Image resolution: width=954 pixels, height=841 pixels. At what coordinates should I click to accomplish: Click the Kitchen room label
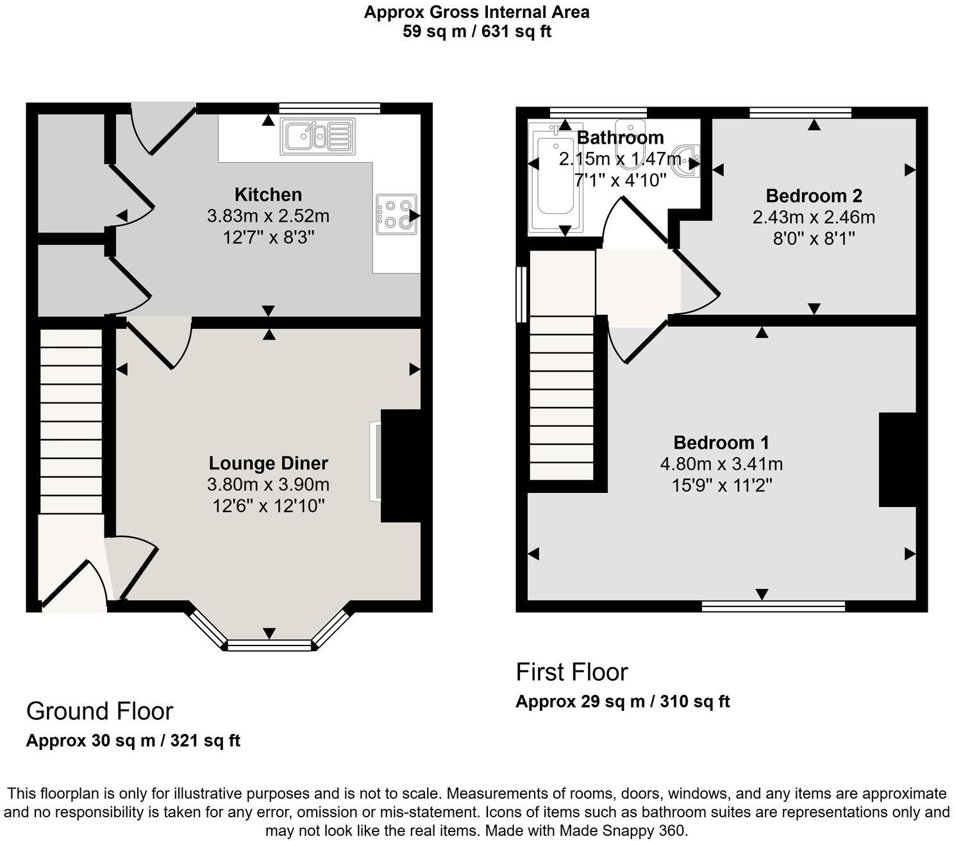tap(268, 194)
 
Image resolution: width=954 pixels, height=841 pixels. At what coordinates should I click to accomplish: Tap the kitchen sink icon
tap(317, 137)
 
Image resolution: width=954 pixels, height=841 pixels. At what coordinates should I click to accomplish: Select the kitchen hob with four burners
tap(396, 214)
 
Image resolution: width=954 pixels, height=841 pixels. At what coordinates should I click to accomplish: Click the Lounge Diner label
tap(268, 463)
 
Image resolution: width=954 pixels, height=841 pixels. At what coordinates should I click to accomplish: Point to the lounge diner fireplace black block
tap(401, 465)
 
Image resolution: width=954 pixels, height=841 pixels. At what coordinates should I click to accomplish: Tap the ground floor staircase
tap(71, 420)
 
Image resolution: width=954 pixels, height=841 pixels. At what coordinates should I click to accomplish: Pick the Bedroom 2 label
tap(814, 196)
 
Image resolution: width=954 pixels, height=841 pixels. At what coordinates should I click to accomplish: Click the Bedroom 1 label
tap(721, 442)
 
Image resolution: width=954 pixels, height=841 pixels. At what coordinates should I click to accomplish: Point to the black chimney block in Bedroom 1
tap(897, 460)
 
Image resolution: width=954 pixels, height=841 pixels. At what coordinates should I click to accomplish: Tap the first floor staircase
tap(562, 397)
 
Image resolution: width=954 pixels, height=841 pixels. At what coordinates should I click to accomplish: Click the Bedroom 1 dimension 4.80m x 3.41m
tap(721, 463)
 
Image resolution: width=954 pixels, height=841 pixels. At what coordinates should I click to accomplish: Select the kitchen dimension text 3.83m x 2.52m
tap(268, 216)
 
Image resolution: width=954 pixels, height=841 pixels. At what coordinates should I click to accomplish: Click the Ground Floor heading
tap(99, 711)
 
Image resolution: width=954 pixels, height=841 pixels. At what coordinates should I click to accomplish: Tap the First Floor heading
tap(571, 672)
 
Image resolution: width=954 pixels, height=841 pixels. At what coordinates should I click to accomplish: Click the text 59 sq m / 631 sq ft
tap(476, 31)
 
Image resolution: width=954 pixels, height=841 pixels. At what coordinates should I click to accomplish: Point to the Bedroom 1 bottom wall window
tap(773, 606)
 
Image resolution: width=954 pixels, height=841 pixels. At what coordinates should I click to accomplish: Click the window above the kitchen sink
tap(330, 108)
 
